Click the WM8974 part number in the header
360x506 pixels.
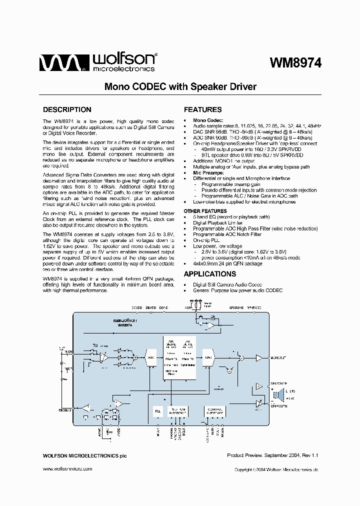pos(295,62)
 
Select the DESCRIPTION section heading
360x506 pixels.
pos(67,109)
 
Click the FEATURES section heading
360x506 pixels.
pos(202,109)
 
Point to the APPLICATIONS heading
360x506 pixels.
pos(209,274)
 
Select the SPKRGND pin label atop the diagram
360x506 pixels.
pos(236,307)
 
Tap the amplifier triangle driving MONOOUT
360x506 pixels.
pos(258,357)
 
